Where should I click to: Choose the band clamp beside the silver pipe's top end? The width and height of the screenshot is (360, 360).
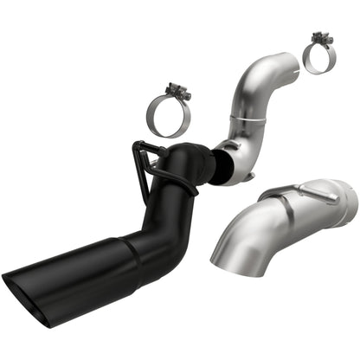319,57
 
